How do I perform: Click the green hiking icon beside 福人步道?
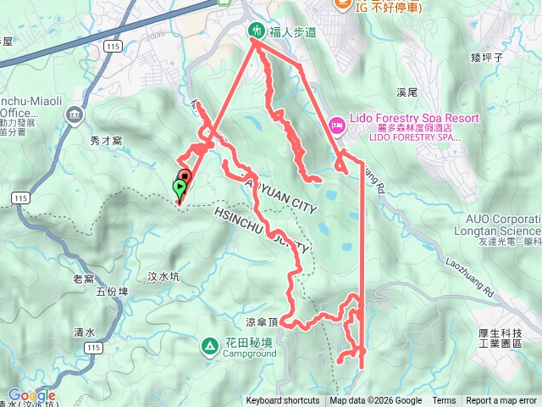[x=256, y=31]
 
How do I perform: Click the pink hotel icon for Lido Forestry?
[x=336, y=126]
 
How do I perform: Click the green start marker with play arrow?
[x=180, y=187]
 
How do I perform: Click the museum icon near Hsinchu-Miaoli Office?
[x=75, y=114]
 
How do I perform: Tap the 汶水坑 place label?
[x=164, y=276]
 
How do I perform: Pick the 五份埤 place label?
[x=111, y=292]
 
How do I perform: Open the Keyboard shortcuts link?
[x=283, y=401]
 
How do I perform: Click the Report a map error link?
[x=501, y=401]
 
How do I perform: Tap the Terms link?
[x=444, y=401]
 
